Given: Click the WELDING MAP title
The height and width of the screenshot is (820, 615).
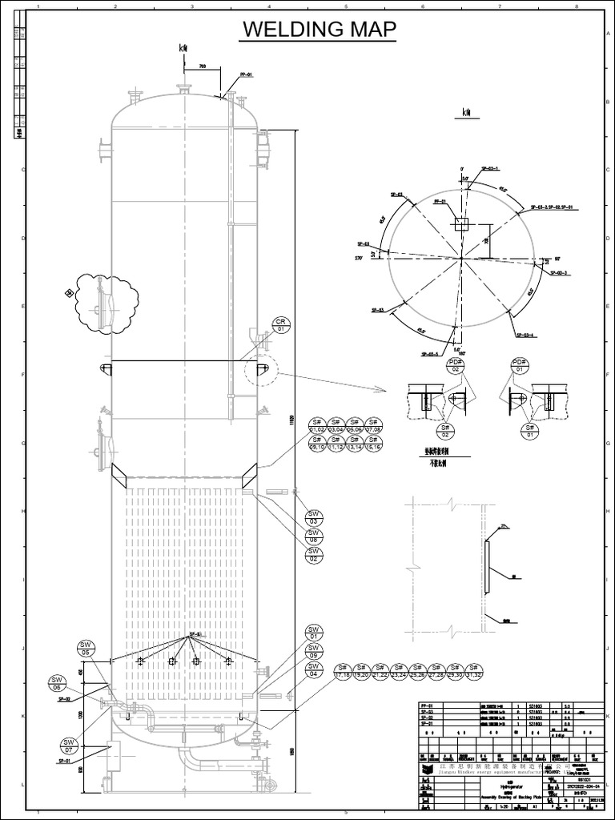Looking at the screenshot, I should pyautogui.click(x=320, y=30).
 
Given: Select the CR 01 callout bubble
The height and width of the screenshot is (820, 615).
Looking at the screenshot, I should pyautogui.click(x=281, y=324).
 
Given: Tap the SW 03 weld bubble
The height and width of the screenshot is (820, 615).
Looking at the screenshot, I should pyautogui.click(x=314, y=517).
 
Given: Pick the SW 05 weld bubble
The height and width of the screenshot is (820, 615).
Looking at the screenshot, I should pyautogui.click(x=86, y=648).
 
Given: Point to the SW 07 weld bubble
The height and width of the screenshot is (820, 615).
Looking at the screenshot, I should pyautogui.click(x=69, y=746).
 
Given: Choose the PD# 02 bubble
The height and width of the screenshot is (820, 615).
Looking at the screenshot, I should pyautogui.click(x=455, y=367).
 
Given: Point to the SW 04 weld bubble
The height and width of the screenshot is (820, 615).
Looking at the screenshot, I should pyautogui.click(x=314, y=670).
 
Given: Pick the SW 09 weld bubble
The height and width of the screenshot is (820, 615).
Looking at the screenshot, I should pyautogui.click(x=314, y=652).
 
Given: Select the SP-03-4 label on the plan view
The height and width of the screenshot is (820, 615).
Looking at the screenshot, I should pyautogui.click(x=525, y=336).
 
